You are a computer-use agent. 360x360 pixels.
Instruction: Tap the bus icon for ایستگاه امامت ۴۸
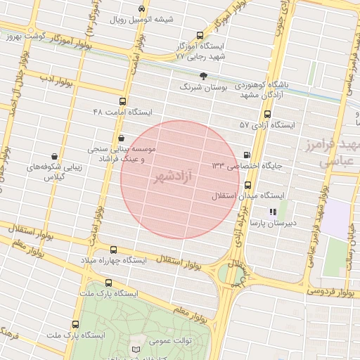click(123, 101)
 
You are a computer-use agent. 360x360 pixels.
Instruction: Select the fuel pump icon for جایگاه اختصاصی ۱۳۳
click(247, 155)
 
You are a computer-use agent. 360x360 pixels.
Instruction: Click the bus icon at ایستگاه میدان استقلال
click(247, 185)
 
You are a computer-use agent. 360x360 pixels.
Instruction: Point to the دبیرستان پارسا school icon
click(273, 212)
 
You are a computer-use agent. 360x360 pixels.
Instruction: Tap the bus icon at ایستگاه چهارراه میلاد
click(114, 250)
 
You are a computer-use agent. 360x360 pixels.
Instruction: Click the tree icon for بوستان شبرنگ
click(203, 75)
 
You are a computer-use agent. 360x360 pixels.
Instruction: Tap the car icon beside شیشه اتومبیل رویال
click(143, 9)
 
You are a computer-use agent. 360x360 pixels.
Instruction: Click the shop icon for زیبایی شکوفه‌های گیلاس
click(55, 157)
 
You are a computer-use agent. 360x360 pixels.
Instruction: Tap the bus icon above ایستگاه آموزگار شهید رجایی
click(200, 35)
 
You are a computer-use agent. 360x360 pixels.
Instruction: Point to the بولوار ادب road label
click(53, 78)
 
